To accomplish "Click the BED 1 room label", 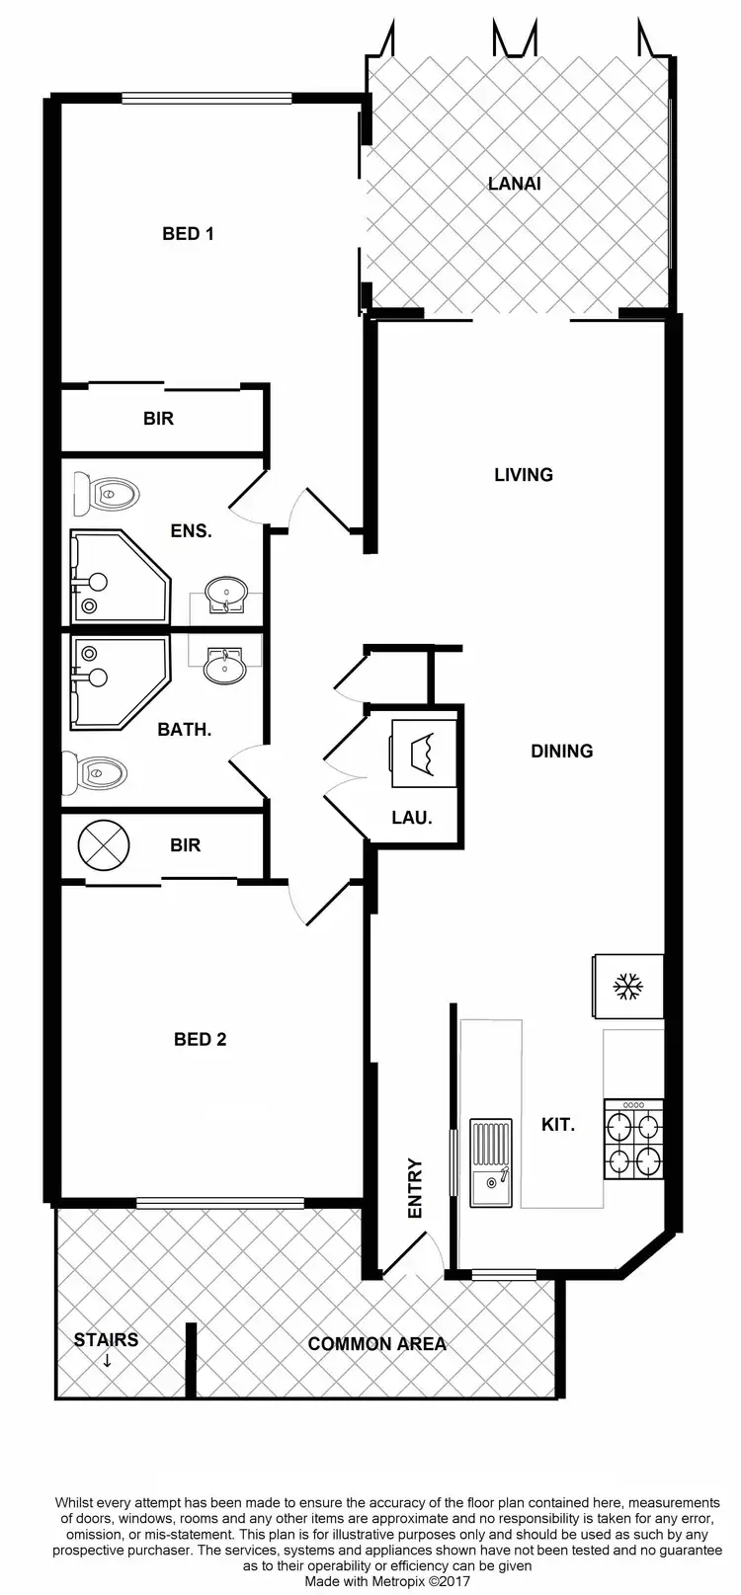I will [188, 234].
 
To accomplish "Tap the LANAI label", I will [515, 184].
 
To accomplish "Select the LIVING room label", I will [523, 475].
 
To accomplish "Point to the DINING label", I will [561, 752].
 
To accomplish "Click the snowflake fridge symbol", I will [627, 986].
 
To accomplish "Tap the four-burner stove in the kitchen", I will [632, 1141].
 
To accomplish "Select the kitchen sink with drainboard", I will [491, 1163].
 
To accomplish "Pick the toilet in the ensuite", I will [107, 492].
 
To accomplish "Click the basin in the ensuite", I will [225, 596].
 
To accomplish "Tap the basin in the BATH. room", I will [224, 667].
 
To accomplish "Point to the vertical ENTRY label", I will [415, 1188].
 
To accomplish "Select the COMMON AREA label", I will [376, 1344].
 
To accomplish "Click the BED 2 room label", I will [200, 1040].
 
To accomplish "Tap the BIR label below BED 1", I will [158, 419].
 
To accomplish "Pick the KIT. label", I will [558, 1124].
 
